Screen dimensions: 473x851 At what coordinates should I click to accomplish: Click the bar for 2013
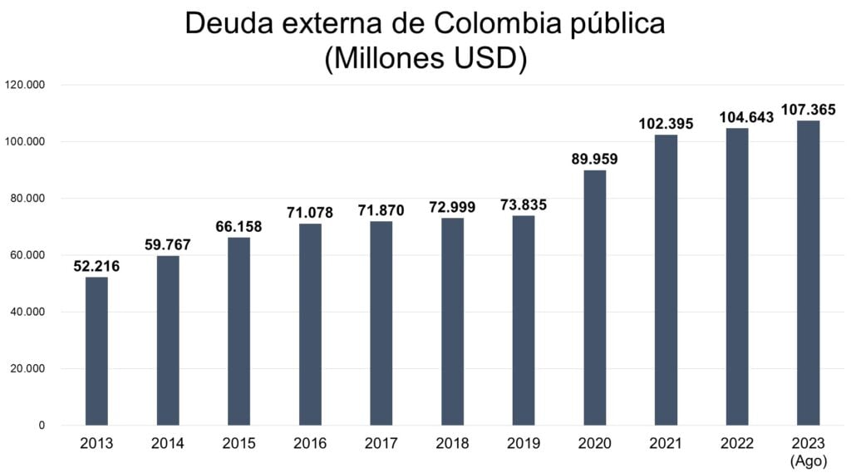click(96, 351)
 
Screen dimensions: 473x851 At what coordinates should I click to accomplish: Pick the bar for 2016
click(310, 324)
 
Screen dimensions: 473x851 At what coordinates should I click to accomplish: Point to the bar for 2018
click(452, 322)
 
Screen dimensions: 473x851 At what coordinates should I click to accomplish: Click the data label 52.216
click(96, 266)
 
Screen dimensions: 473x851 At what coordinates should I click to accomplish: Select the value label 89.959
click(594, 159)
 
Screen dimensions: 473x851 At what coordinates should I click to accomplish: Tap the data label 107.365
click(808, 110)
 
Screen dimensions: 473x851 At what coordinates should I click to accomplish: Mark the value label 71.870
click(381, 210)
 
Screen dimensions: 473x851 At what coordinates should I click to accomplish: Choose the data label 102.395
click(666, 124)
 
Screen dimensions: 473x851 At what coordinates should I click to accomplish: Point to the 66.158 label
click(239, 227)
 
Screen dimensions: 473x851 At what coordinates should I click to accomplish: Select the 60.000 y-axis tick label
click(27, 255)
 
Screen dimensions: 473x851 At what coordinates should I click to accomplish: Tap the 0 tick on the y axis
click(42, 426)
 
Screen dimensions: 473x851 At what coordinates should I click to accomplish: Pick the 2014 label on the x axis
click(168, 444)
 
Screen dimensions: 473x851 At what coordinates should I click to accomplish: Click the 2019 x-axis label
click(523, 444)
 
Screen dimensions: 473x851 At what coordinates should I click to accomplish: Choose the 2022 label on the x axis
click(736, 444)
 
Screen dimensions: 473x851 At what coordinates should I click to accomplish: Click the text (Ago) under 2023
click(808, 460)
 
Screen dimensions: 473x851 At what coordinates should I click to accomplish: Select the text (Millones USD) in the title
click(425, 59)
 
